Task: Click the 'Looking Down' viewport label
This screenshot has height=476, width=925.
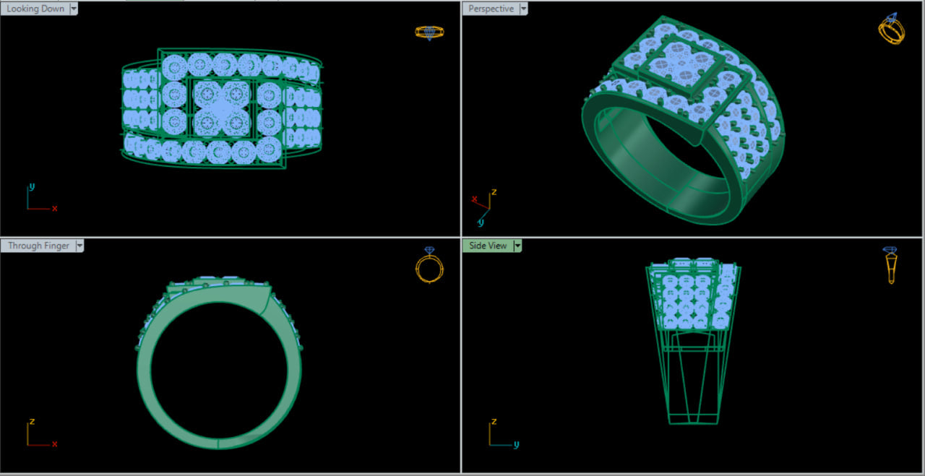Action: coord(35,9)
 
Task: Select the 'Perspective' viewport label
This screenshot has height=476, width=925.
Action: coord(491,9)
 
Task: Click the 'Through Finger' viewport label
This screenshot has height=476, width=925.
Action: coord(38,246)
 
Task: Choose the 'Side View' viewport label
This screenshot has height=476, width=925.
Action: coord(488,246)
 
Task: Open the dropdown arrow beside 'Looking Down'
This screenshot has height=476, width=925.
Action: coord(74,9)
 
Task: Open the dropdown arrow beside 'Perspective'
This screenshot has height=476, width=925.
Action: coord(524,9)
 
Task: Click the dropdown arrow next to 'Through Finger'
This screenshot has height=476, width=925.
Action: coord(79,246)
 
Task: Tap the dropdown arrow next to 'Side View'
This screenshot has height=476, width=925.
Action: coord(517,246)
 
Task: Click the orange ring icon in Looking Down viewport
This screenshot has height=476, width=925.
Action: coord(429,33)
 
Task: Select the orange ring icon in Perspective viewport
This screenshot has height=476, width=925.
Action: coord(891,30)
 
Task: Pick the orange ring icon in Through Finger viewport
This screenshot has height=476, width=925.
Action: coord(429,265)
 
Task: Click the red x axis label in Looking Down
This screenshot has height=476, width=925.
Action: coord(54,209)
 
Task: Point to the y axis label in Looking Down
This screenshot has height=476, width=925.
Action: coord(32,186)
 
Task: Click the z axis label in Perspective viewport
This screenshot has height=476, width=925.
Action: coord(494,192)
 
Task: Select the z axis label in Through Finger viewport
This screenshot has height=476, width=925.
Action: coord(32,421)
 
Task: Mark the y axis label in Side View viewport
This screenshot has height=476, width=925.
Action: coord(516,445)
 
